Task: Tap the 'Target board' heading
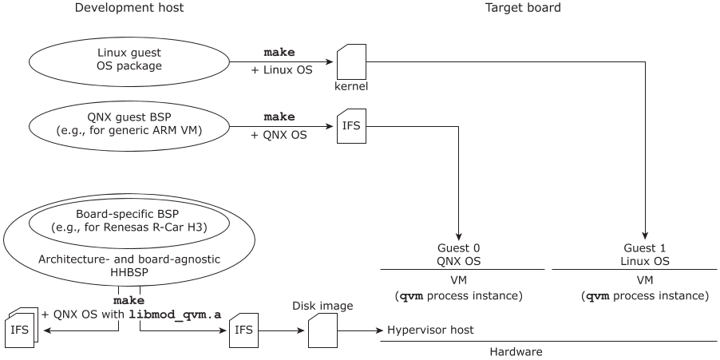coord(523,8)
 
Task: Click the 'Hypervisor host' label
coord(430,330)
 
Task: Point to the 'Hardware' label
coord(516,351)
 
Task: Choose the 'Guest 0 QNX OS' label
coord(459,255)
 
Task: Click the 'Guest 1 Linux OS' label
coord(645,255)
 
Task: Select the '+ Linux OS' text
coord(282,70)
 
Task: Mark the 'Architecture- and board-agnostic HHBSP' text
coord(129,267)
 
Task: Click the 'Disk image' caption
coord(321,306)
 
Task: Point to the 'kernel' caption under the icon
coord(351,85)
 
